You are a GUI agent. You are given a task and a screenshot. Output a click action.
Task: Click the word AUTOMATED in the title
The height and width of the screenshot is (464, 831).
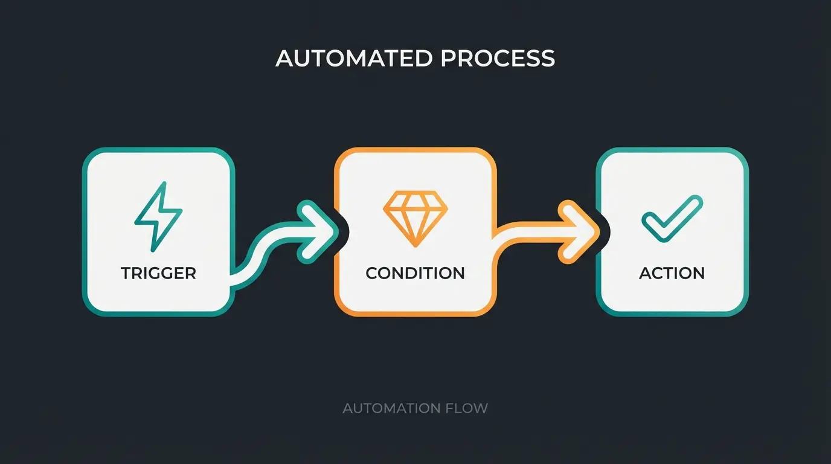[353, 59]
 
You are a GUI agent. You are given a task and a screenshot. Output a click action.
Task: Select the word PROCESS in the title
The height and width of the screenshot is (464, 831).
[497, 59]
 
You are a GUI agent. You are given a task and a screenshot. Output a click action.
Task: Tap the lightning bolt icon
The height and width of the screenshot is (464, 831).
[158, 216]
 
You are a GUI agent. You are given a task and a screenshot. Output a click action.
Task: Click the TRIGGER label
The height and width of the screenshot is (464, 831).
[158, 273]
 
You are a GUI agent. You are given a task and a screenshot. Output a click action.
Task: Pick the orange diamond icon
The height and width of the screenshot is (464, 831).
[415, 218]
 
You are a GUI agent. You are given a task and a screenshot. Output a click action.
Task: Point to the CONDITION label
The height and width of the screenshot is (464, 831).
[415, 273]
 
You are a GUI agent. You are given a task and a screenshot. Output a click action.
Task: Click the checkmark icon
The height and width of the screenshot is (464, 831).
[672, 219]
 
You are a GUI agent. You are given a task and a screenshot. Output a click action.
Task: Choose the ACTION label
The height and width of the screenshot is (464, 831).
[672, 273]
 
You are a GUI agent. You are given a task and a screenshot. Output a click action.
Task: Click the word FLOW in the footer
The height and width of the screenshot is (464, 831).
[466, 408]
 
